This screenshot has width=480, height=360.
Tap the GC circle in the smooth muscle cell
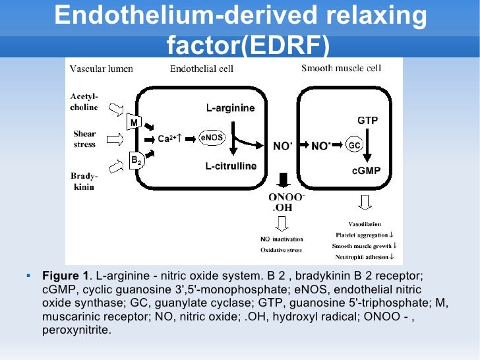pyautogui.click(x=354, y=146)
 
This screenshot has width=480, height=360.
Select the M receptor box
pyautogui.click(x=134, y=123)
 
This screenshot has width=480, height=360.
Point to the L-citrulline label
pyautogui.click(x=230, y=166)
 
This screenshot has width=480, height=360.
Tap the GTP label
pyautogui.click(x=367, y=121)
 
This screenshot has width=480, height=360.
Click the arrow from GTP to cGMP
pyautogui.click(x=368, y=146)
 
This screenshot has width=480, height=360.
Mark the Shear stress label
pyautogui.click(x=84, y=139)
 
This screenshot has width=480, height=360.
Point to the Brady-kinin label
pyautogui.click(x=84, y=181)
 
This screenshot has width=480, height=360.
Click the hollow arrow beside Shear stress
pyautogui.click(x=113, y=139)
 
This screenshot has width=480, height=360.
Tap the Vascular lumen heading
pyautogui.click(x=102, y=68)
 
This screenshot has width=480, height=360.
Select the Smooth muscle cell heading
pyautogui.click(x=342, y=67)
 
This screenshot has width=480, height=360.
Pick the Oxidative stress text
pyautogui.click(x=282, y=249)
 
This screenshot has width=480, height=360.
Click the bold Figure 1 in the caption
pyautogui.click(x=65, y=275)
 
